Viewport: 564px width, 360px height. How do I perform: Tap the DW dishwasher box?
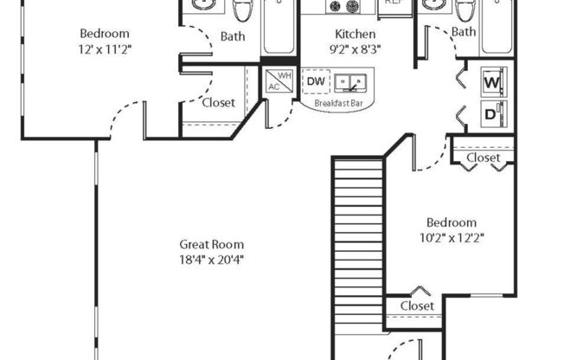pyautogui.click(x=316, y=82)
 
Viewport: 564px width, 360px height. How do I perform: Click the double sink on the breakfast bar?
pyautogui.click(x=352, y=82)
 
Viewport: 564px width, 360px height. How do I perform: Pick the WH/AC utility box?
pyautogui.click(x=278, y=80)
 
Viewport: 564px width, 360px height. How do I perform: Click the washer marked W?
pyautogui.click(x=492, y=83)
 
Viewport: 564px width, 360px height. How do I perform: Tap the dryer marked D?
pyautogui.click(x=492, y=112)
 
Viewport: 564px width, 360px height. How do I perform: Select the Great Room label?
pyautogui.click(x=212, y=244)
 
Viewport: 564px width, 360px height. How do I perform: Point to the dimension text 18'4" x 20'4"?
pyautogui.click(x=212, y=259)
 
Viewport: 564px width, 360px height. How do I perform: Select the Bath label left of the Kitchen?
pyautogui.click(x=232, y=36)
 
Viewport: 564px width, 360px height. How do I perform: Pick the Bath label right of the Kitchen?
pyautogui.click(x=464, y=32)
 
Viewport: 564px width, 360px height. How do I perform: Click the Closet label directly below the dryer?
pyautogui.click(x=483, y=158)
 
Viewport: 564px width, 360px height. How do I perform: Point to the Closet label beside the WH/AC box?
pyautogui.click(x=218, y=102)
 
